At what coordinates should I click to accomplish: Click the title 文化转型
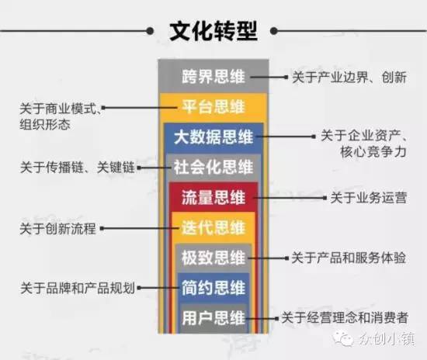(x=213, y=31)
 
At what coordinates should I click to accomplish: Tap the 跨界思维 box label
(x=213, y=77)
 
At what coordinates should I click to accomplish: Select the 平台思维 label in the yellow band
(x=213, y=106)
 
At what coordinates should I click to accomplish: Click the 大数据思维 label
(x=213, y=137)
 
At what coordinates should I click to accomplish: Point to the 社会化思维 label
(x=213, y=167)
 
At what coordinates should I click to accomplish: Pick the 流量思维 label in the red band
(x=213, y=197)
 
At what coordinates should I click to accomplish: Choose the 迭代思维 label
(x=213, y=227)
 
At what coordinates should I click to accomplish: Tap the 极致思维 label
(x=213, y=258)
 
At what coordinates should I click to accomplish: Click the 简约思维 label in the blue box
(x=213, y=288)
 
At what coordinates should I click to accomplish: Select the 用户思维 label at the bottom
(x=213, y=318)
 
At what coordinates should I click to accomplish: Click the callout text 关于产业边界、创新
(x=349, y=78)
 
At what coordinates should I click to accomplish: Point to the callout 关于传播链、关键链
(x=78, y=167)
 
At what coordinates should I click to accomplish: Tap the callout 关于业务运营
(x=369, y=198)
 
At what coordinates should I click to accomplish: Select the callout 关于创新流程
(x=58, y=228)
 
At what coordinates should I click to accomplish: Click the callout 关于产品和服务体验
(x=349, y=258)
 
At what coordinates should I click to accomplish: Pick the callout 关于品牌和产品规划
(x=78, y=288)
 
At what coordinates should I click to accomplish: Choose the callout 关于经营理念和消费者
(x=345, y=318)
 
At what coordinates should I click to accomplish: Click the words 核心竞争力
(x=373, y=151)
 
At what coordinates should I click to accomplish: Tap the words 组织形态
(x=45, y=125)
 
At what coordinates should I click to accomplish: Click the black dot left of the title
(x=150, y=31)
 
